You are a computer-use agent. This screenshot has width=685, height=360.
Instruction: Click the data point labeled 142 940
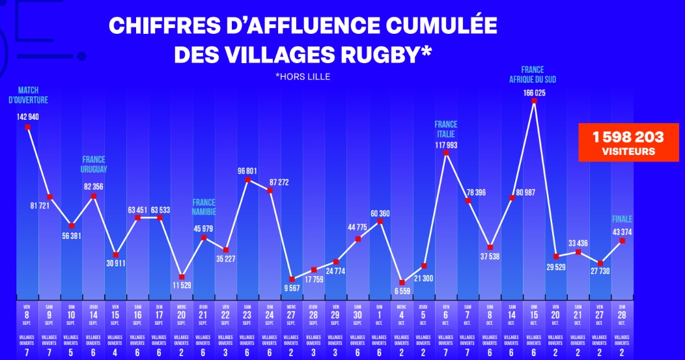(x=27, y=128)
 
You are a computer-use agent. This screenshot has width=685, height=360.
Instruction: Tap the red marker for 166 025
(x=534, y=101)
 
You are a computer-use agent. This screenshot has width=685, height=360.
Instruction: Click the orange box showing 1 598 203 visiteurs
(x=628, y=143)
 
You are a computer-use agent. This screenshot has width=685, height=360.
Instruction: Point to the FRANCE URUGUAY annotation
(x=94, y=164)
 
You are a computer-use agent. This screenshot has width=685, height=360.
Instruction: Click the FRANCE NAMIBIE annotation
(x=204, y=207)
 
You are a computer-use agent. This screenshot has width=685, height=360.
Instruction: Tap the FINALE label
(x=622, y=219)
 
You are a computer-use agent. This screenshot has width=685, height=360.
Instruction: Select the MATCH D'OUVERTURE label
(x=27, y=95)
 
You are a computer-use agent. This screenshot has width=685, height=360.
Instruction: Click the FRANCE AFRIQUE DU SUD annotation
(x=533, y=75)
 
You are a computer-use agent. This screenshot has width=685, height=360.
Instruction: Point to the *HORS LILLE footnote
(x=303, y=77)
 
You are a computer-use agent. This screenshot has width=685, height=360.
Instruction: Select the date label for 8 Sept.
(x=27, y=312)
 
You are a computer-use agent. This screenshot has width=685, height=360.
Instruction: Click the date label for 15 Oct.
(x=534, y=312)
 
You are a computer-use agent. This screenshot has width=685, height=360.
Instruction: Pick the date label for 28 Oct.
(x=622, y=312)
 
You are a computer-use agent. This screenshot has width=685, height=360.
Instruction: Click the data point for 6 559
(x=402, y=283)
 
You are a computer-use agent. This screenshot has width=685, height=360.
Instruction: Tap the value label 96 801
(x=247, y=171)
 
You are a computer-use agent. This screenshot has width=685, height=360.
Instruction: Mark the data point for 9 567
(x=292, y=279)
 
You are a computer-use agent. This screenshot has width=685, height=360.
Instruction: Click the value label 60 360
(x=380, y=214)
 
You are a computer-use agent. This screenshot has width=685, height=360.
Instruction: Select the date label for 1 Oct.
(x=380, y=312)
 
